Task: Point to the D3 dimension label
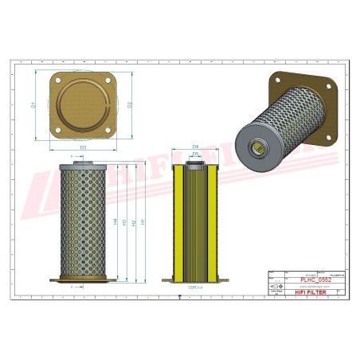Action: click(x=82, y=147)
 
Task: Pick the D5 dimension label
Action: click(x=195, y=155)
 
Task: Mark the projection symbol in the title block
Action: click(x=276, y=284)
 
